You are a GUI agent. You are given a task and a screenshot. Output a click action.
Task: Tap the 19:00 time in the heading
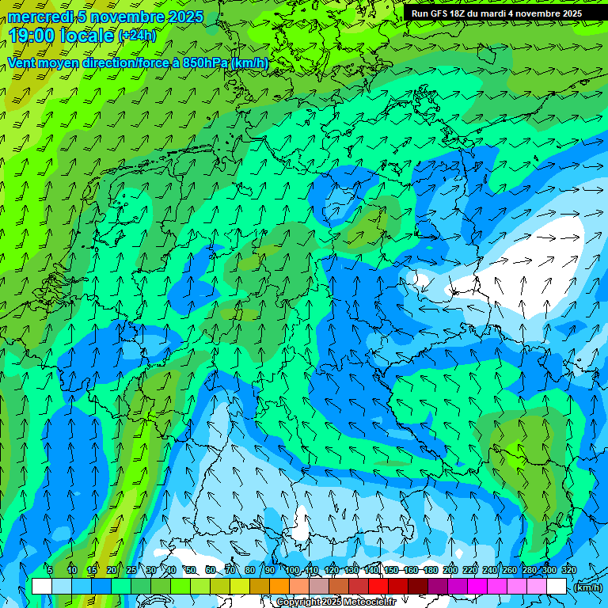(x=35, y=36)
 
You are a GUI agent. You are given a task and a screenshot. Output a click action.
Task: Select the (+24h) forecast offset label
(x=137, y=36)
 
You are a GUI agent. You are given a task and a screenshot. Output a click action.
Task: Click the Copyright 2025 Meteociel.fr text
(x=335, y=602)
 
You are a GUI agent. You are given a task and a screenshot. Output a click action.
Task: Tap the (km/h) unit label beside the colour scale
(x=587, y=587)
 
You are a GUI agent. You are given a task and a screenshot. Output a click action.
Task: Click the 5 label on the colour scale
(x=50, y=571)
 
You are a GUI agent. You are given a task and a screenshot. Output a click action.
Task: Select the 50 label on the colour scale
(x=190, y=571)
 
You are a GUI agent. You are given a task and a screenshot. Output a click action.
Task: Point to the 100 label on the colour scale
(x=292, y=571)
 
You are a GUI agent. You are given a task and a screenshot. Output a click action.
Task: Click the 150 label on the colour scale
(x=391, y=571)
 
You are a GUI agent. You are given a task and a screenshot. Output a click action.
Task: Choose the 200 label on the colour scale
(x=450, y=571)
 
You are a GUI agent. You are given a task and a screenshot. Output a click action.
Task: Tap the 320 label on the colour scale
(x=568, y=571)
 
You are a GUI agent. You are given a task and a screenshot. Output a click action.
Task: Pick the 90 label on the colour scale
(x=270, y=571)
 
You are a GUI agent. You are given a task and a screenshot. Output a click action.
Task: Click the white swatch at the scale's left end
(x=41, y=587)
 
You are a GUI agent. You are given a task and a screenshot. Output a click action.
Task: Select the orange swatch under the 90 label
(x=279, y=587)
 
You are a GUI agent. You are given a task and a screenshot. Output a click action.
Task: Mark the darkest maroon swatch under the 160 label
(x=417, y=587)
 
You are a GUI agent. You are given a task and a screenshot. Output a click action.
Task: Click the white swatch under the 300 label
(x=556, y=587)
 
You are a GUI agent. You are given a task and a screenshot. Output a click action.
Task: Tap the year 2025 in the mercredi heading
(x=184, y=17)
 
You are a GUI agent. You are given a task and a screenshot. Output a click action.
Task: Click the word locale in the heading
(x=90, y=36)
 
